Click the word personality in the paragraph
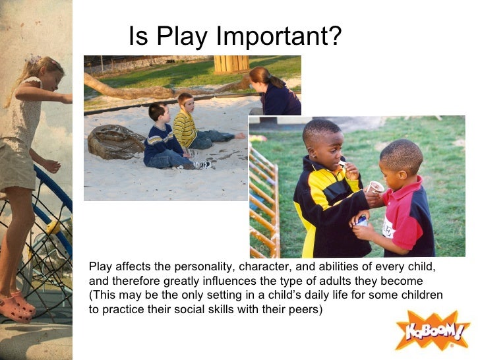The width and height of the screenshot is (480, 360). pyautogui.click(x=204, y=267)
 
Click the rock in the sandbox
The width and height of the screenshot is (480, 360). pyautogui.click(x=116, y=141)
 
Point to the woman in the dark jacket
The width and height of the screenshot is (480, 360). pyautogui.click(x=274, y=92)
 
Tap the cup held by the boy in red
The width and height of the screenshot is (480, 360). pyautogui.click(x=375, y=188)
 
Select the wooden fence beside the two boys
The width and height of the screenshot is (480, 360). pyautogui.click(x=264, y=204)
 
